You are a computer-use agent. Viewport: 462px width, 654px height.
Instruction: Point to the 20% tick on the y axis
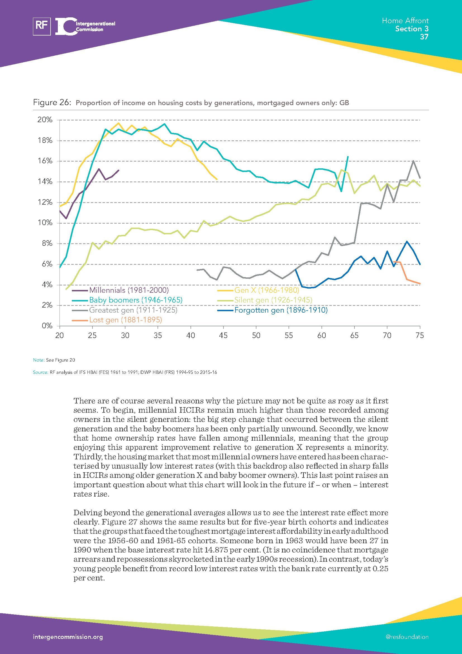tap(45, 120)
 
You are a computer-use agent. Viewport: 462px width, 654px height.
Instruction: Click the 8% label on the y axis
tap(47, 244)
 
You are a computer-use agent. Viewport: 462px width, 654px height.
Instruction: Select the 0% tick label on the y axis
tap(47, 325)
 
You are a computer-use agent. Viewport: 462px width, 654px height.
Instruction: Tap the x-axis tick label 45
tap(223, 336)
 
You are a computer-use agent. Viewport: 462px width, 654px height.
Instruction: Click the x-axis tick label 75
tap(420, 336)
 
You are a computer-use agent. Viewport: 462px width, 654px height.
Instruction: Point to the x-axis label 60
tap(322, 336)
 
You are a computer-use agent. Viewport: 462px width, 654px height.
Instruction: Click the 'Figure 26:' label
tap(52, 102)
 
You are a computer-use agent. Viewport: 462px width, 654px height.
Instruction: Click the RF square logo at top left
tap(42, 27)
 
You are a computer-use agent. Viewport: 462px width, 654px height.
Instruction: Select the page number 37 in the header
tap(424, 37)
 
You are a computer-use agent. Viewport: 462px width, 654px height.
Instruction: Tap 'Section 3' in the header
tap(412, 29)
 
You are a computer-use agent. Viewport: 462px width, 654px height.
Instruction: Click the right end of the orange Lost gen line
tap(420, 284)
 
